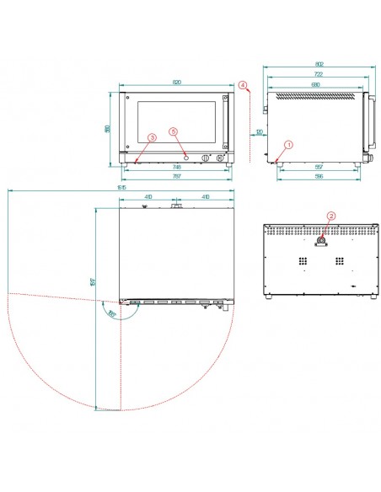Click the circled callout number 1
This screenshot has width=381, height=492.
[288, 144]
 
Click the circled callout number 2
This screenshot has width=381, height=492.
[331, 216]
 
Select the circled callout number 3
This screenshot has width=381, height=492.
[152, 136]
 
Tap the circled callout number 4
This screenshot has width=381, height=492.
[242, 85]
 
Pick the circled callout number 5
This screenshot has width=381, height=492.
[174, 131]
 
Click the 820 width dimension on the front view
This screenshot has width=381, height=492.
[177, 83]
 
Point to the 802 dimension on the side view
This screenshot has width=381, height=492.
[318, 64]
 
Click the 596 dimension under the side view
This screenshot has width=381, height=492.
[318, 177]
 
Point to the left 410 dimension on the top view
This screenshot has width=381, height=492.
[148, 197]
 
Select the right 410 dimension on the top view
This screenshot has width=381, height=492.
[205, 197]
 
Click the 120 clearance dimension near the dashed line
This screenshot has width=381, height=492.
[259, 133]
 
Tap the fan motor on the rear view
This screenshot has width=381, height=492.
[321, 242]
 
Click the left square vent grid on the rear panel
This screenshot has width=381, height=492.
[301, 263]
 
